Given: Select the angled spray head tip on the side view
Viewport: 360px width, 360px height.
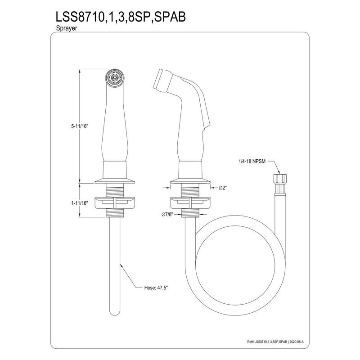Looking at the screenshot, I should tap(160, 81).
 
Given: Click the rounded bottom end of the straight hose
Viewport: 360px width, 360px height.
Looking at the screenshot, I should tap(116, 310).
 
